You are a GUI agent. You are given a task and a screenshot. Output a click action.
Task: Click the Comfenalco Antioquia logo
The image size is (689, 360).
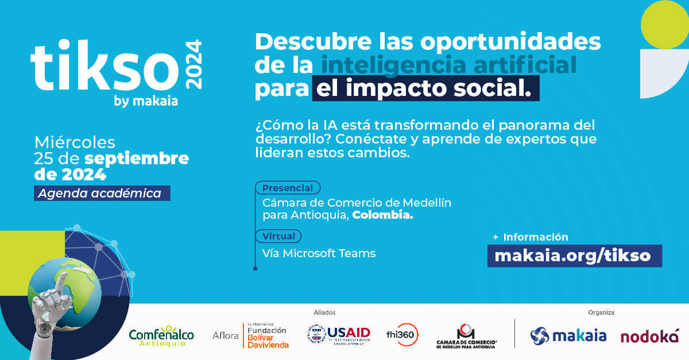pos(161,335)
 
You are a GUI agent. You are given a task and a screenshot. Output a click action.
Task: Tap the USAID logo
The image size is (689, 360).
pos(339,334)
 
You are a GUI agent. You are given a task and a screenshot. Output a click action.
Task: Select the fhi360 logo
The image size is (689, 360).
pos(402,334)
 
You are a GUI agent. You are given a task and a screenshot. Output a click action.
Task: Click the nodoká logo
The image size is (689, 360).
pos(649,335)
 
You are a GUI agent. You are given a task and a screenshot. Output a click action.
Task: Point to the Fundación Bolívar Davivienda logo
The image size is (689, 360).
pos(267,335)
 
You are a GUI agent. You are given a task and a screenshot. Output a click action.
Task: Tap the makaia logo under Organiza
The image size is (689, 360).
pos(568,335)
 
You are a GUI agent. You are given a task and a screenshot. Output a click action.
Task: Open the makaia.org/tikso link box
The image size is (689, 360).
pos(574,256)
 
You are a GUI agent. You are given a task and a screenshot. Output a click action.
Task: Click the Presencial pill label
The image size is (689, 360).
pos(288,188)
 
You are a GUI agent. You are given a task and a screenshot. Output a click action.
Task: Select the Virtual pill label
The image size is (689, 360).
pos(278,236)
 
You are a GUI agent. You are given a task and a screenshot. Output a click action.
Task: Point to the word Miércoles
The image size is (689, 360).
pos(75,142)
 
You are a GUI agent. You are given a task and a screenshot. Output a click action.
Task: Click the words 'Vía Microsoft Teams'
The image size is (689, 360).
pos(319,253)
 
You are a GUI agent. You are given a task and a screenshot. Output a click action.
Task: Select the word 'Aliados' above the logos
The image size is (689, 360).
pos(324,312)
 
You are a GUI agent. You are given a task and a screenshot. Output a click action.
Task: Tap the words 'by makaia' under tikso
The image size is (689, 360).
pos(146,102)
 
